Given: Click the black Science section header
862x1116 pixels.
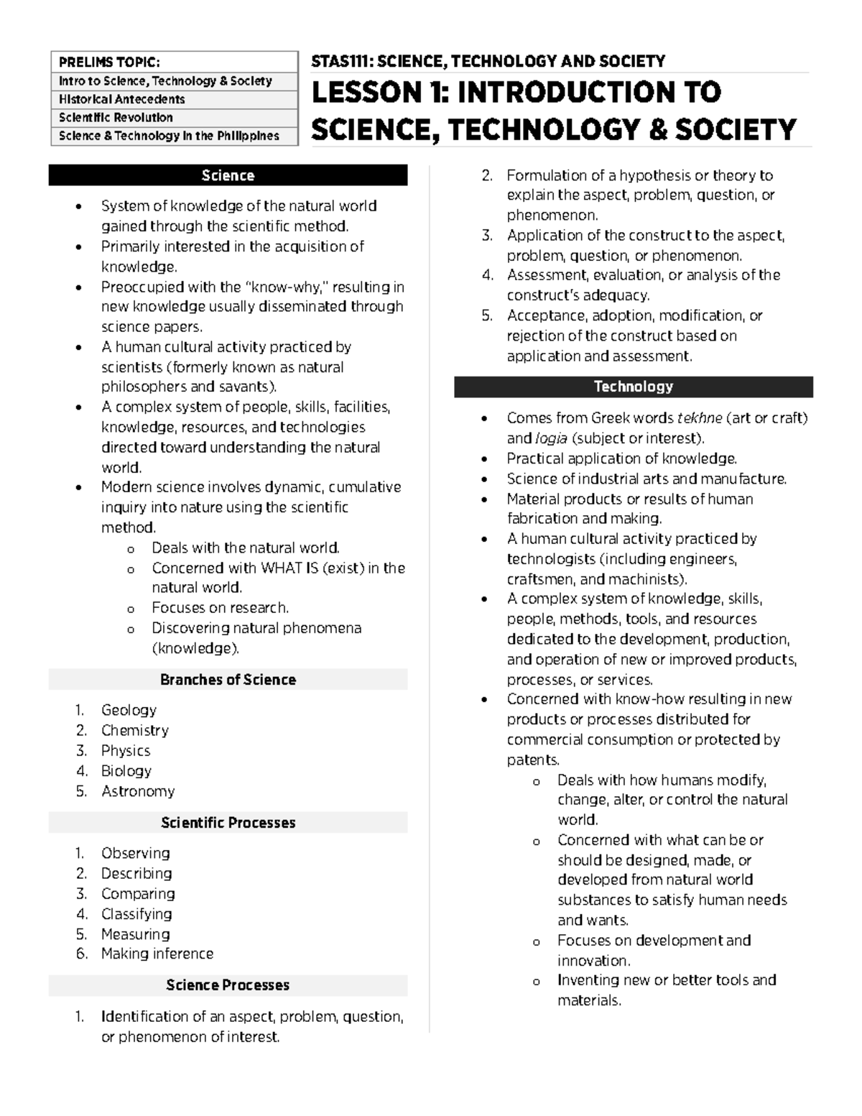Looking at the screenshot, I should [x=228, y=175].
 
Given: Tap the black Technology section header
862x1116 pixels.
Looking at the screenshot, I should [x=633, y=387].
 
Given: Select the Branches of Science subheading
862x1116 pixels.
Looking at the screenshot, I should [x=228, y=680].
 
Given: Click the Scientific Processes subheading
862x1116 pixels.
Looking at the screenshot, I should [x=228, y=823].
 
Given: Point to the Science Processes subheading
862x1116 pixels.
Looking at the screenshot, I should [x=228, y=985].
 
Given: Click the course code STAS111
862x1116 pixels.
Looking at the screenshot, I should [x=340, y=62].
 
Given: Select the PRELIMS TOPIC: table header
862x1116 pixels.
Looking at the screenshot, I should [x=109, y=63].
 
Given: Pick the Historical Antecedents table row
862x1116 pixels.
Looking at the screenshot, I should [x=121, y=99].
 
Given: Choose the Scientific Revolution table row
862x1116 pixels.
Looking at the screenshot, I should [x=116, y=117].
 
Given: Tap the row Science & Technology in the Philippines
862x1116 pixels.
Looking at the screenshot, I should [x=169, y=136].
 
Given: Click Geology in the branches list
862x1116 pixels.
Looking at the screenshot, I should [x=129, y=710].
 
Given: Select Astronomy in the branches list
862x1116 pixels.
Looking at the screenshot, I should [x=138, y=791].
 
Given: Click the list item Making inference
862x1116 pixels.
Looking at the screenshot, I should [x=157, y=954].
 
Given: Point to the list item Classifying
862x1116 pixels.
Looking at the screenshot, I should [x=136, y=914].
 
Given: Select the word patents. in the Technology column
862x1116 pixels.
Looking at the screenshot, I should [x=532, y=760].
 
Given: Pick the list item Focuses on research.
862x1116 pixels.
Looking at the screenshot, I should [x=220, y=608].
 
